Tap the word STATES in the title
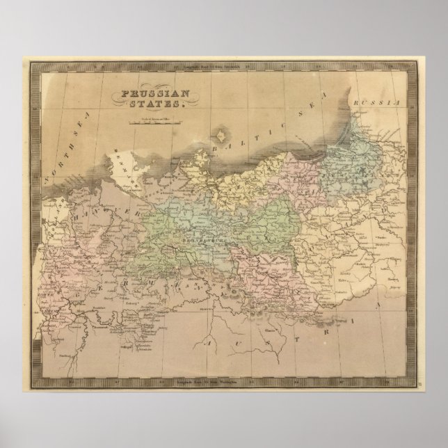pyautogui.click(x=163, y=104)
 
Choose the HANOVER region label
pyautogui.click(x=104, y=202)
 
